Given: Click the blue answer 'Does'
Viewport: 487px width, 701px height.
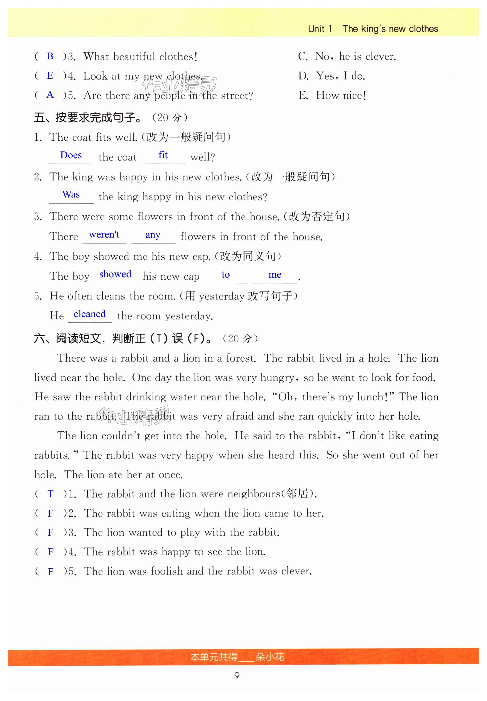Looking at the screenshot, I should point(71,155).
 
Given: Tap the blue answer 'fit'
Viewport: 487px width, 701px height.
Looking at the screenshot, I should point(163,155).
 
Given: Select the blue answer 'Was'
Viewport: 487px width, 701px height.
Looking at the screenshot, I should point(71,194).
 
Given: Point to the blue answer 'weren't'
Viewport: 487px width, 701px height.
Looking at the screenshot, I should point(104,234).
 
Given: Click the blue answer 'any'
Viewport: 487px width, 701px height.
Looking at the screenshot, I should point(153,235).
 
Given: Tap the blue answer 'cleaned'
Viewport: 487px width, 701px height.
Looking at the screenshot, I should point(90,314).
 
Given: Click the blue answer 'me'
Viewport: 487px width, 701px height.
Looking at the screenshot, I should point(275,275).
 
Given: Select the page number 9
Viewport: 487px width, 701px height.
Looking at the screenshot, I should point(237,675).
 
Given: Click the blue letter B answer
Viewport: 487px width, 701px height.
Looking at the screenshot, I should point(50,56).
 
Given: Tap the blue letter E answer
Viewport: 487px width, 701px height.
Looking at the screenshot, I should point(50,75).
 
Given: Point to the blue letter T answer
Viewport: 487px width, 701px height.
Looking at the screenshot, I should point(51,494).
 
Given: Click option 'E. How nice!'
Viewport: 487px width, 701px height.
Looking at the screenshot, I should point(332,95).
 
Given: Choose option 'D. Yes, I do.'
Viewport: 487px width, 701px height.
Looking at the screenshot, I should point(331,76).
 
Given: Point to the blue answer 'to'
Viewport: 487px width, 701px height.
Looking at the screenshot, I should point(226,275).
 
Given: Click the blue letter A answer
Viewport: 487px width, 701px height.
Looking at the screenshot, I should point(50,95).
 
